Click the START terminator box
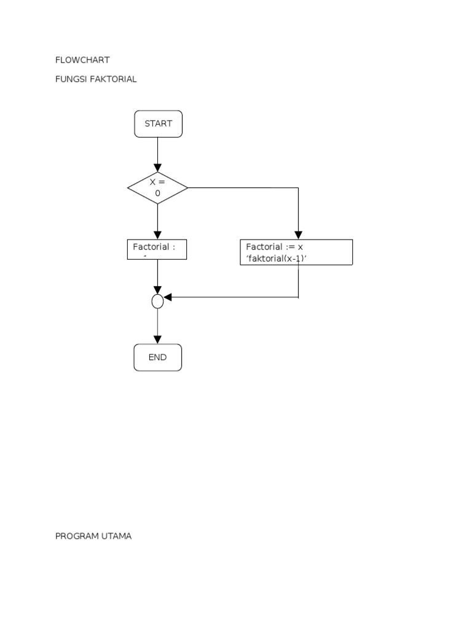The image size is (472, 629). pos(158,123)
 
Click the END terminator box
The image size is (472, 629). pos(157,357)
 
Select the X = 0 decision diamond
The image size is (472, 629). pos(157,188)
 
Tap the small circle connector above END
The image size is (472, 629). pos(157,301)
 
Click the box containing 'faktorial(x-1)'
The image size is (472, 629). pos(296,252)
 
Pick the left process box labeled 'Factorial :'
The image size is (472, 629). pos(157,249)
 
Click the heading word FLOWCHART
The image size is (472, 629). pos(82,60)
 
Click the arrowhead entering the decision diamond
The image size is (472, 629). pos(157,168)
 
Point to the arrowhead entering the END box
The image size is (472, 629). pos(157,339)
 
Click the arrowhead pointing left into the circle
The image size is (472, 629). pos(168,297)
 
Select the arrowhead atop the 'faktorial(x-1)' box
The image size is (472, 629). pos(298,235)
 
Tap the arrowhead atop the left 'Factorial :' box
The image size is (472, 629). pos(157,235)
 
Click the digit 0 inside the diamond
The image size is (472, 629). pos(157,193)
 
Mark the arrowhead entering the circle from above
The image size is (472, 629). pos(157,290)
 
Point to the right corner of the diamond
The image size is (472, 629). pos(187,188)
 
